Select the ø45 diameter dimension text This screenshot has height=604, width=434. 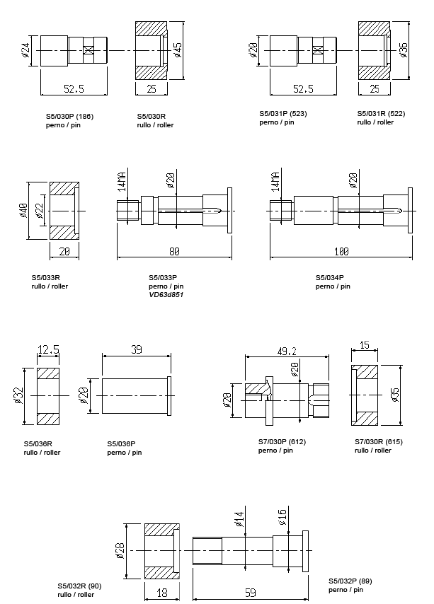178,49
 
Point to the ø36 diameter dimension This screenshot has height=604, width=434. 404,50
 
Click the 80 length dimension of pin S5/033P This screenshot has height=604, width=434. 173,251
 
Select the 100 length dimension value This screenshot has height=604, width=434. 340,251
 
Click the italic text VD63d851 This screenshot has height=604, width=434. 166,295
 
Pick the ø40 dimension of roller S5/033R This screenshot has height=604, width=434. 23,210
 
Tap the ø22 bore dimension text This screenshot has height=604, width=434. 40,210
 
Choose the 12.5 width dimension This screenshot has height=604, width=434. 48,350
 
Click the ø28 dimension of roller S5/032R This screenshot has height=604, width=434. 120,550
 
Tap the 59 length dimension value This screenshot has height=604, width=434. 250,593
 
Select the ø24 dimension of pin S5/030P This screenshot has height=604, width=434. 25,51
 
